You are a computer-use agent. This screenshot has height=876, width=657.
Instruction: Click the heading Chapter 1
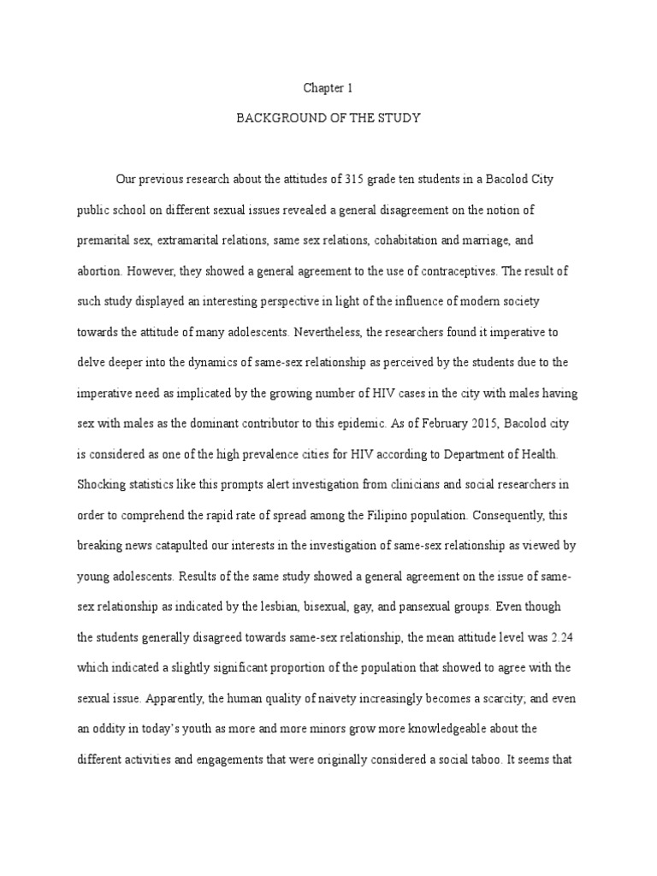click(328, 87)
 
